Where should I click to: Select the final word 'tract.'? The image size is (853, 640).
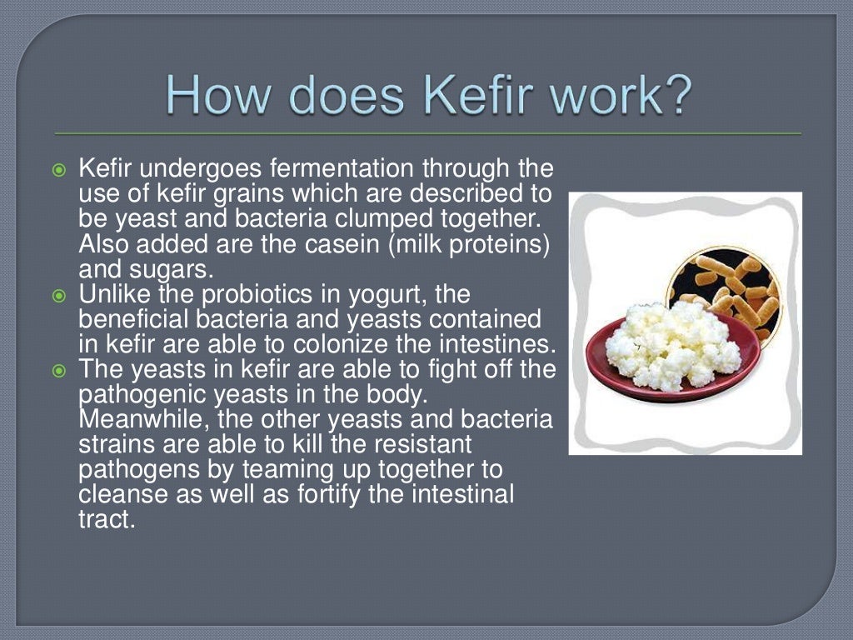[106, 521]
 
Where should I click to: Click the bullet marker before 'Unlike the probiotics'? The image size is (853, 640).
[58, 296]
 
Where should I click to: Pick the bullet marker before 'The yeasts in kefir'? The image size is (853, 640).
[58, 371]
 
